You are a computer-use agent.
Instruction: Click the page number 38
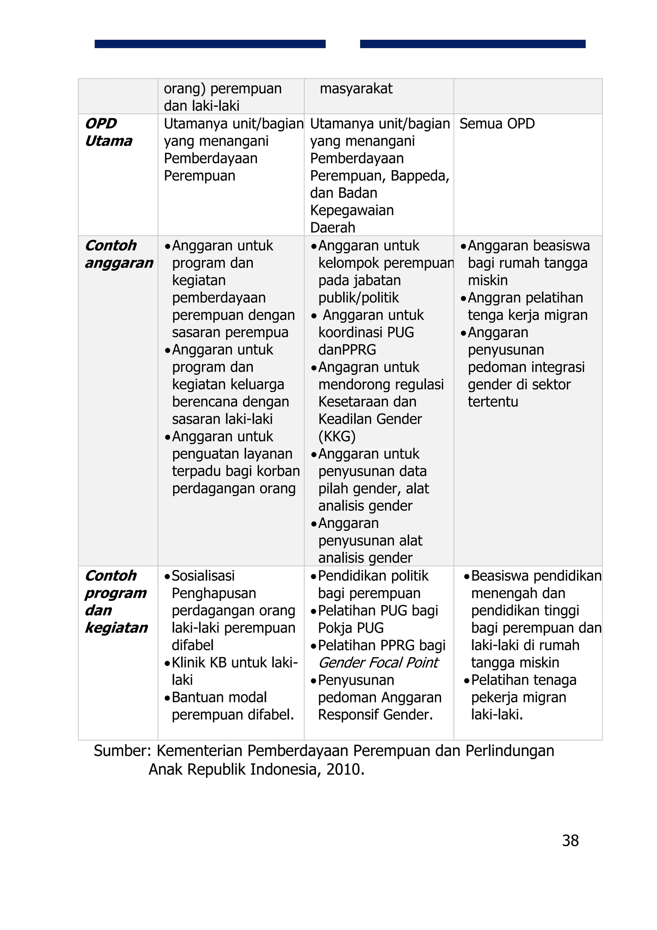(570, 841)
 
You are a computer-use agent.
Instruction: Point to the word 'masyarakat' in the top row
(356, 89)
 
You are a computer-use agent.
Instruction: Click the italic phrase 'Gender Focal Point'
(378, 663)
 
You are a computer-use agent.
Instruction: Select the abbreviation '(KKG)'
(337, 437)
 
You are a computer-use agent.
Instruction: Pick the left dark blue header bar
(210, 44)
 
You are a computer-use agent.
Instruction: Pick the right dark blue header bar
(473, 44)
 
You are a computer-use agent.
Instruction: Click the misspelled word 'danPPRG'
(347, 350)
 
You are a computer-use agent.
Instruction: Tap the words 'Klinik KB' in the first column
(199, 663)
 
